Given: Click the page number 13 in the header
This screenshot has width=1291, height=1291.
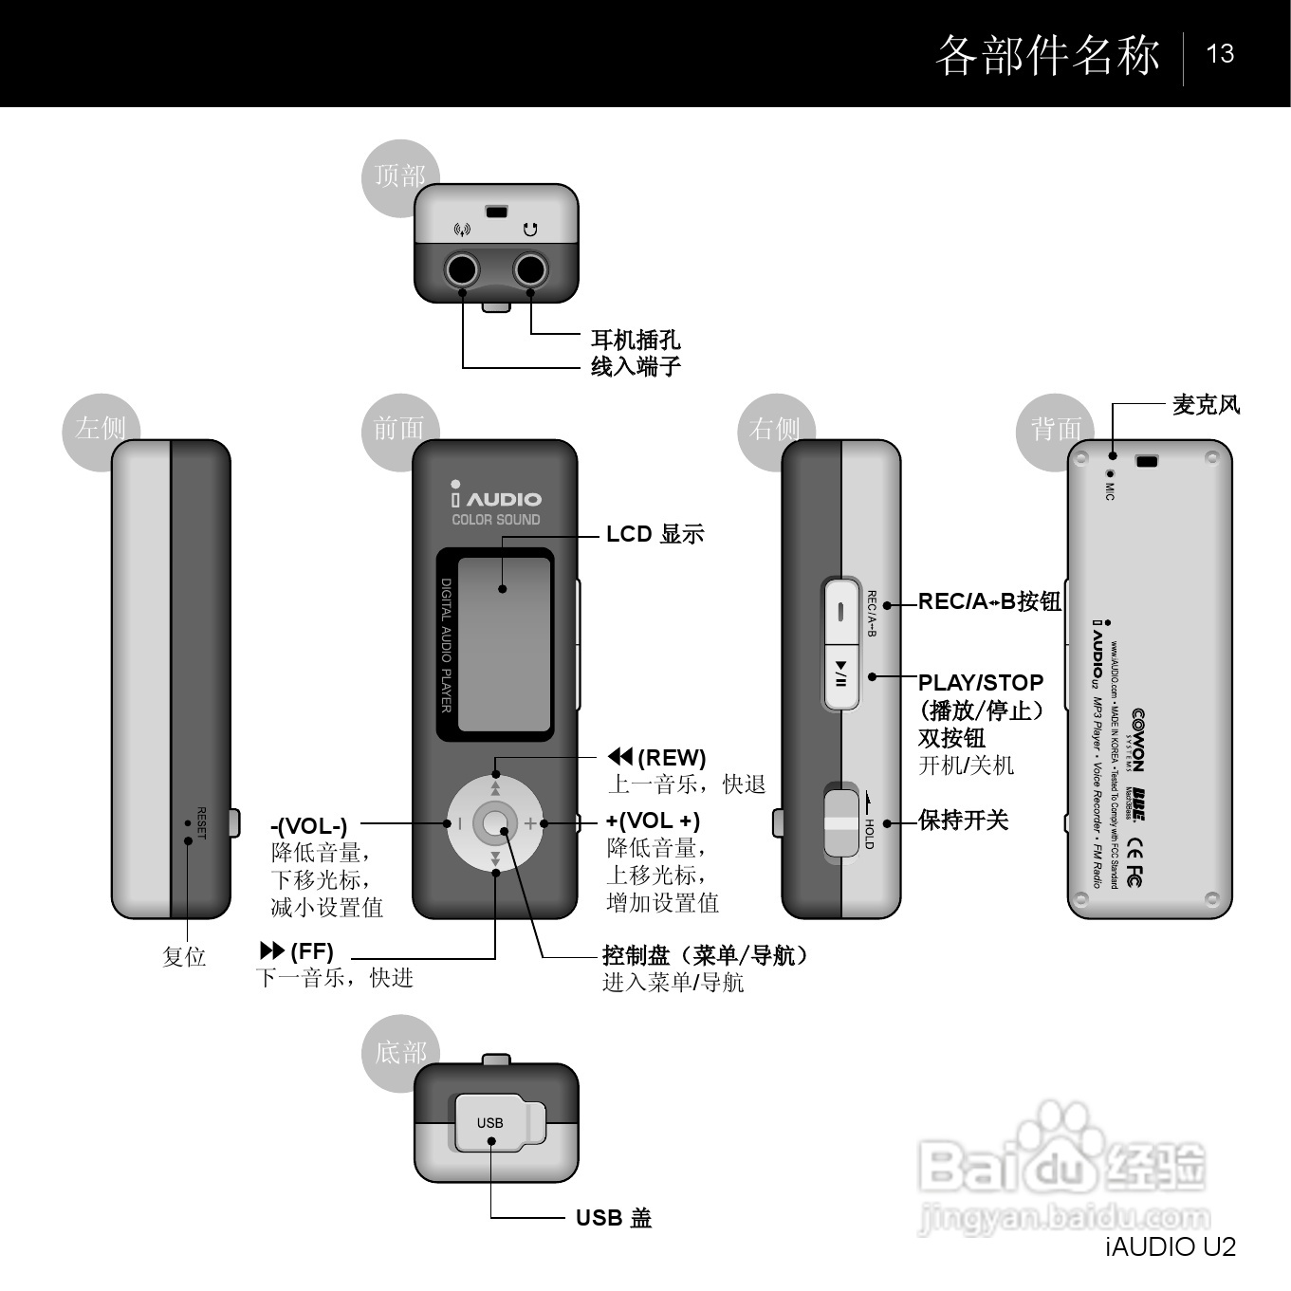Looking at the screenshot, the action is (1220, 53).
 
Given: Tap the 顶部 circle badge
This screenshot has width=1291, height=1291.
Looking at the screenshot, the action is (399, 176).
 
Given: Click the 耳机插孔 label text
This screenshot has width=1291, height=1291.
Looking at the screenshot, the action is (636, 340).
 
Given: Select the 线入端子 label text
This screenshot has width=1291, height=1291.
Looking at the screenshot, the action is (636, 366).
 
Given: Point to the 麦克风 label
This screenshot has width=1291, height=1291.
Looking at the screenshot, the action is (1206, 405).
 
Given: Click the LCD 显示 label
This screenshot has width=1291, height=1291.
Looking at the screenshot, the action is (655, 534).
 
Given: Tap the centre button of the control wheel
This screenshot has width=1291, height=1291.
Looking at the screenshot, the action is (495, 823).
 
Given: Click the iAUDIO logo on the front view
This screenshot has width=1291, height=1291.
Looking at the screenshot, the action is (496, 496).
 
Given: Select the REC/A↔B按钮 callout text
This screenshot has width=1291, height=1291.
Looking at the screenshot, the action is (988, 601).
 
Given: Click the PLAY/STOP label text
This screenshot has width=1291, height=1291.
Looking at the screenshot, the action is (981, 683).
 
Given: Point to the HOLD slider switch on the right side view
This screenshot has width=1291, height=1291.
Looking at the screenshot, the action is (841, 821).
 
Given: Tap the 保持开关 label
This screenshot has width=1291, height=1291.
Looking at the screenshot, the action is (963, 821).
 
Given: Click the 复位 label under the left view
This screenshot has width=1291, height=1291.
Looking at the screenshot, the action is (184, 956).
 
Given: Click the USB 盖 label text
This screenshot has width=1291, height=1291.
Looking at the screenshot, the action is (614, 1218).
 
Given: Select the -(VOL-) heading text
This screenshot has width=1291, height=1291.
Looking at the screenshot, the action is (309, 826).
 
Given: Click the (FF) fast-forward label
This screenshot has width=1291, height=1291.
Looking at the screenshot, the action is (298, 950).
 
